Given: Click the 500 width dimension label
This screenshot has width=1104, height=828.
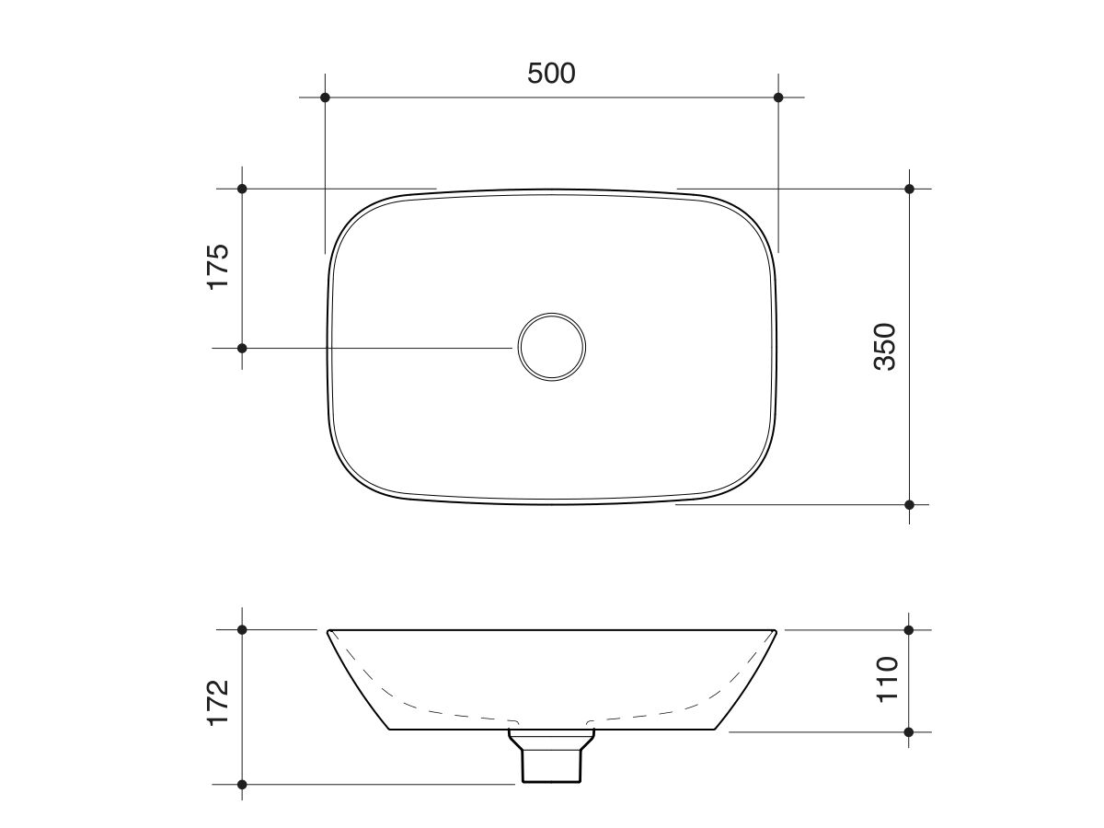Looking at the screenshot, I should click(551, 73).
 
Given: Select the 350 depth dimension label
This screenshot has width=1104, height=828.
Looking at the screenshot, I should click(883, 346).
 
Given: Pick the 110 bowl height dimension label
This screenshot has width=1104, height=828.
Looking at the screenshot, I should click(886, 679).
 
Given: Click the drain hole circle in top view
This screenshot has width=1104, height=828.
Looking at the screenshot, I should click(551, 347).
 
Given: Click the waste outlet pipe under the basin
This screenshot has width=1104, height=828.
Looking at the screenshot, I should click(552, 760).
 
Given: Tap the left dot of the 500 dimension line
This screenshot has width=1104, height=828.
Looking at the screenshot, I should click(325, 97).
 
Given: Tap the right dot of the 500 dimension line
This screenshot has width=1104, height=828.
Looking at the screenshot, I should click(778, 97).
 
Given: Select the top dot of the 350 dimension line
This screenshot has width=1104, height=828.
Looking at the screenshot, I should click(910, 189).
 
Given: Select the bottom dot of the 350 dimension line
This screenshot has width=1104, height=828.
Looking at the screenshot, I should click(910, 504).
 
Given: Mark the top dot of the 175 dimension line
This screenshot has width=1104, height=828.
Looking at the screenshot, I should click(242, 189).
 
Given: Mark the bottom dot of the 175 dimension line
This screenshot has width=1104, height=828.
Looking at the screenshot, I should click(242, 348).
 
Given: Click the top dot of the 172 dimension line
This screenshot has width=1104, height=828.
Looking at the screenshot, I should click(242, 630).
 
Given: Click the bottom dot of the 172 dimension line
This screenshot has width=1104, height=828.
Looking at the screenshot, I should click(242, 785).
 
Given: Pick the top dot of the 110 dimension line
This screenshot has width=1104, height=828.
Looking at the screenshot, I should click(909, 630).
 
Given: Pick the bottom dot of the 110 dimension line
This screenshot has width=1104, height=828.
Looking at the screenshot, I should click(909, 732).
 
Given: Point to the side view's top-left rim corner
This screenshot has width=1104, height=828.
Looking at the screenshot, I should click(329, 631).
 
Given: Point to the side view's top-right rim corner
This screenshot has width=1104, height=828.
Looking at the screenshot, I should click(776, 631).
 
